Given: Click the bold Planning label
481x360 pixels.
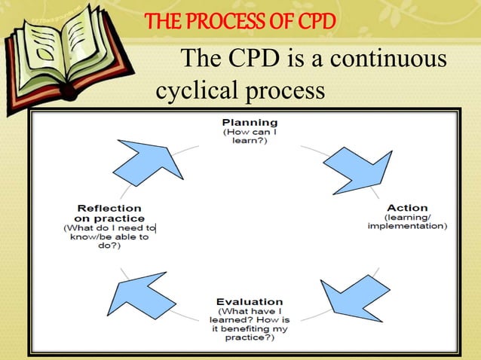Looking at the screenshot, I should coord(250,122).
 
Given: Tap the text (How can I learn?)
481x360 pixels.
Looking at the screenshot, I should coord(250,136).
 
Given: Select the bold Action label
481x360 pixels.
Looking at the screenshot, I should coord(407,208).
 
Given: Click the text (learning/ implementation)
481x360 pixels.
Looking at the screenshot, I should coord(407,221).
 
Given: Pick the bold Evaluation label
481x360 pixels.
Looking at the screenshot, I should coord(250,301).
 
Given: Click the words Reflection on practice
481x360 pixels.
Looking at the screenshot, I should coord(110,213).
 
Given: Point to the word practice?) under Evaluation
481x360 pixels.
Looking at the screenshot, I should coord(250,338).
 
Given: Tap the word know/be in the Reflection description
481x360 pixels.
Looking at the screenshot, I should coord(89,236).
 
